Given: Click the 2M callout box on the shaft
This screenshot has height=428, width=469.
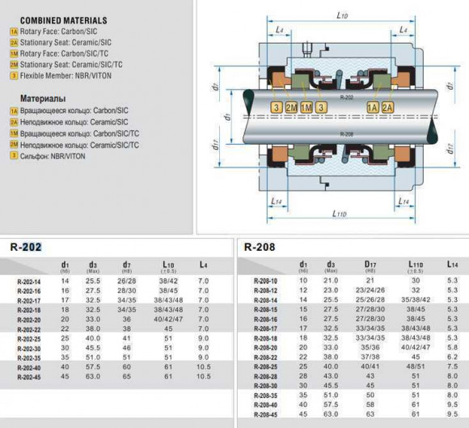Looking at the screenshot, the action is (291, 108).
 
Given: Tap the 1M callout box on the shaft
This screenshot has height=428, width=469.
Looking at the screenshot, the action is (306, 108).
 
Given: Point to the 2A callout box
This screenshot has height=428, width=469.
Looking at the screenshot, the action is (388, 108).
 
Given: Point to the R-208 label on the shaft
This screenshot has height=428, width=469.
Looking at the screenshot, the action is (347, 132).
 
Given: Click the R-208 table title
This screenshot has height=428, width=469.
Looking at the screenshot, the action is (260, 246).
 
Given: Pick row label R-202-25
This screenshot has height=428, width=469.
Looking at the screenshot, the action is (30, 338).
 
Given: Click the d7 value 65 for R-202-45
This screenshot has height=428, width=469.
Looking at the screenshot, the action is (127, 376).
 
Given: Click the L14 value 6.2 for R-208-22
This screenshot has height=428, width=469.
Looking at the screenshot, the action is (452, 356).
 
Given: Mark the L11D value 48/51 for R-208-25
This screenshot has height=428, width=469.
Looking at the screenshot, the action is (415, 366).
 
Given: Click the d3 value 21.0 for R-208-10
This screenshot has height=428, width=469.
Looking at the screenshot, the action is (331, 280).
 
